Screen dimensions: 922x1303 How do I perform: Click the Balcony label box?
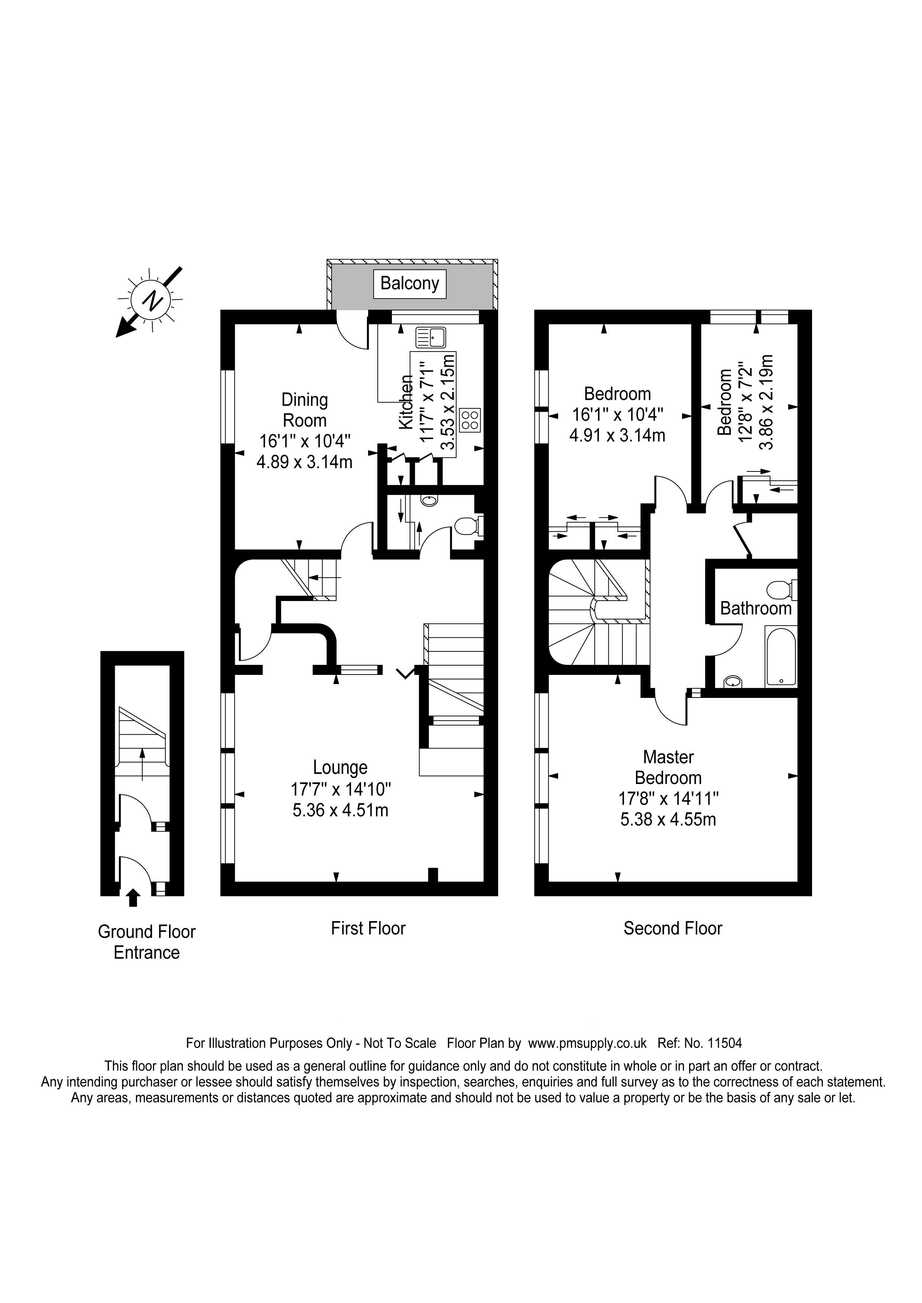click(x=409, y=283)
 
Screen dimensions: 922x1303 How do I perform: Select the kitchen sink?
click(x=431, y=338)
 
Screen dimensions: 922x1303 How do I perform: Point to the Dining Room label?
click(x=305, y=410)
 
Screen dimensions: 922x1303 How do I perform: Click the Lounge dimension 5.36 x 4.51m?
click(x=340, y=810)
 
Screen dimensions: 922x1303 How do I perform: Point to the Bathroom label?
click(x=756, y=609)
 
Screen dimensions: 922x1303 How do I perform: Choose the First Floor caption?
click(x=368, y=928)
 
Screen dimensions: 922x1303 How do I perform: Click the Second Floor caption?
click(x=673, y=928)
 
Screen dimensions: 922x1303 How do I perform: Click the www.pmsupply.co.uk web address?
click(x=587, y=1043)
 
